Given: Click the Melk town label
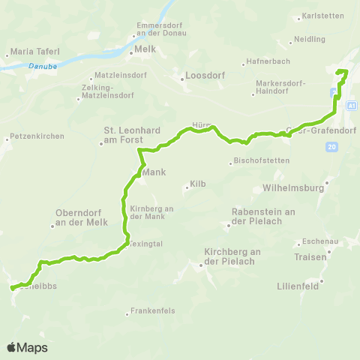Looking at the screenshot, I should coord(145,51).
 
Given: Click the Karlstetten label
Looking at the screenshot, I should coord(319,16).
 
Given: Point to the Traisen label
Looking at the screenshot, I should coord(311,256).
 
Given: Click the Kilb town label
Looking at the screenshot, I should coord(198,184).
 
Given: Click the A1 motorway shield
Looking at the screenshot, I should coord(351,106).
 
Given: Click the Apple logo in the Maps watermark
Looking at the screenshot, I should coord(12,348).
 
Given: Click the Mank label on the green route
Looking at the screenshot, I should coord(153,172).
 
